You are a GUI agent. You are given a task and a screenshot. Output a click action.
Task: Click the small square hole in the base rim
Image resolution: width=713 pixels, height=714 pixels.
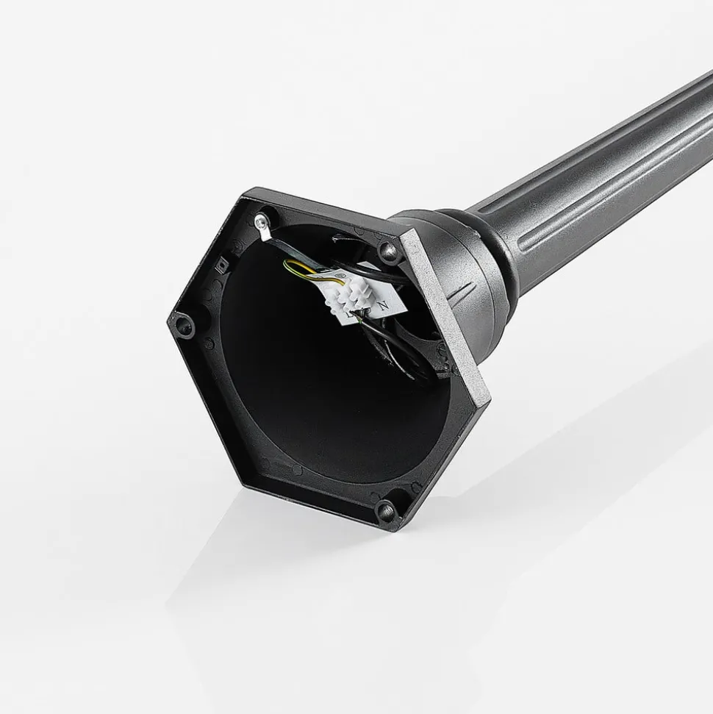pyautogui.click(x=221, y=262)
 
